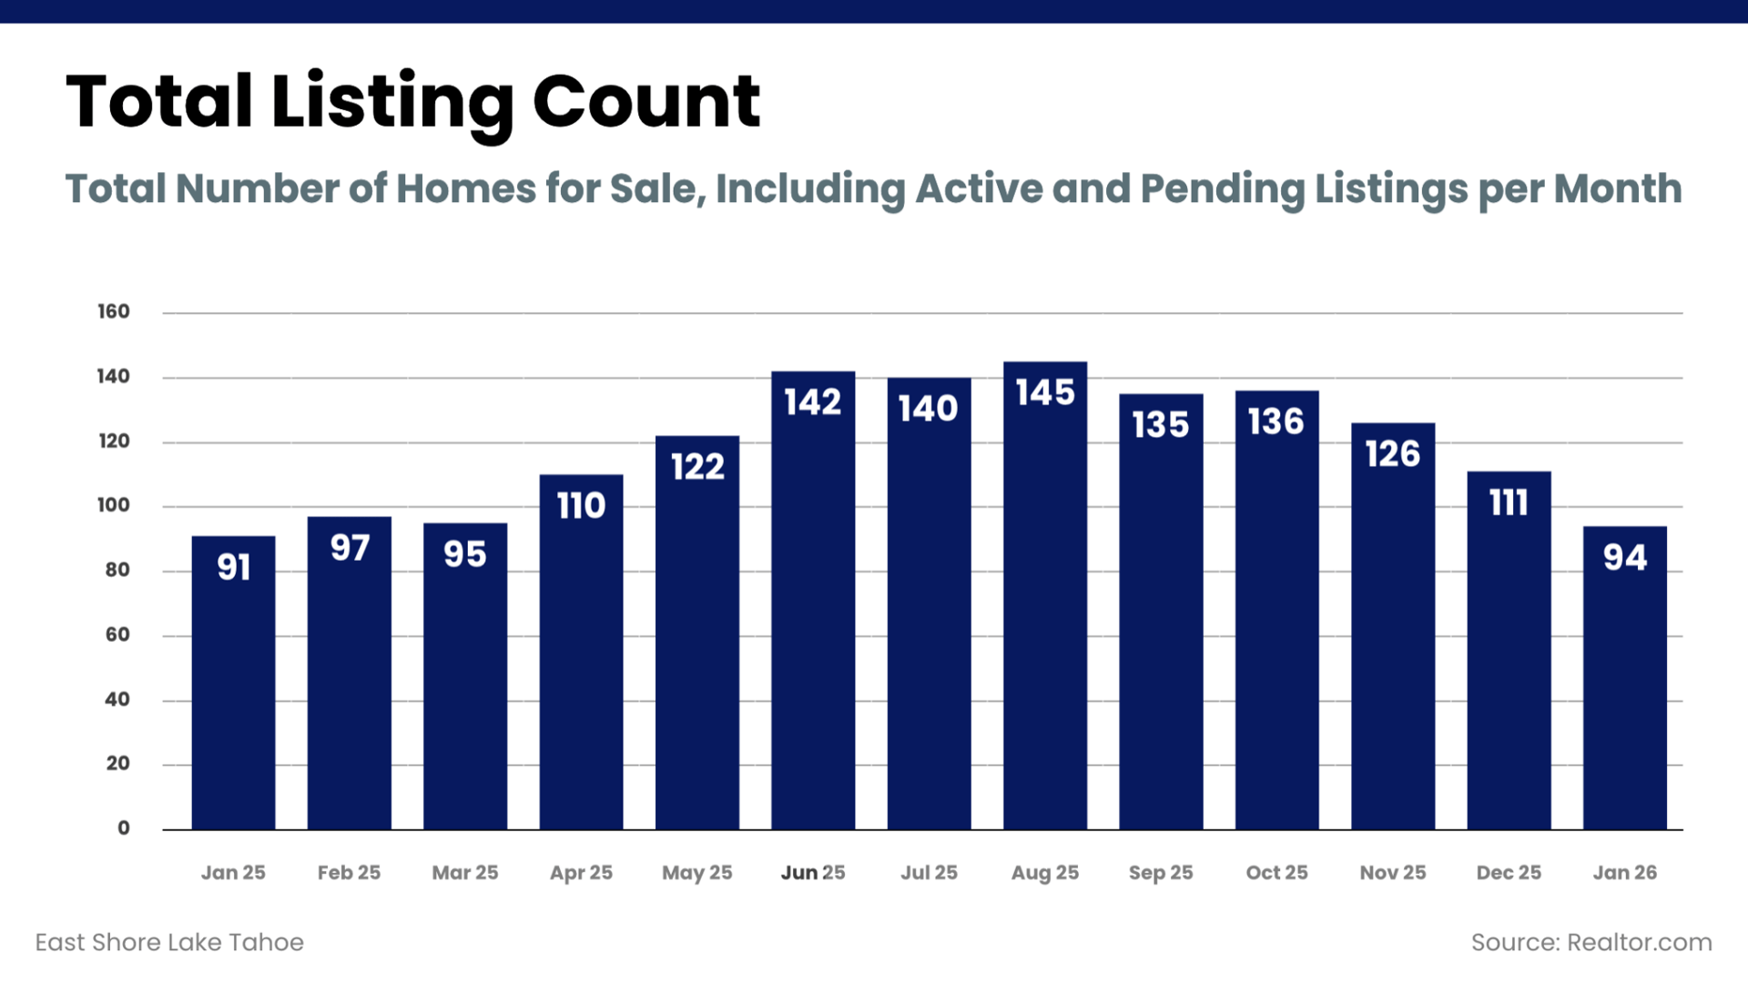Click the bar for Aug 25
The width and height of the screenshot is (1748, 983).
[x=1045, y=601]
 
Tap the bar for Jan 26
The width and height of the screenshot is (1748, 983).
[x=1625, y=683]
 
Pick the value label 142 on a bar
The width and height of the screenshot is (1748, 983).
[x=813, y=402]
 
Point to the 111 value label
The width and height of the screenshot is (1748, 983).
[x=1509, y=502]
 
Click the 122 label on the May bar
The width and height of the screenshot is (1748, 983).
[x=697, y=467]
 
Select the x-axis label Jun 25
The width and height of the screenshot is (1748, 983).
[x=813, y=872]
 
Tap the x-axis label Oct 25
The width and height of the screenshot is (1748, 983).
[x=1276, y=872]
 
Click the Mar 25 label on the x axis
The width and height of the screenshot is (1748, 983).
[x=465, y=872]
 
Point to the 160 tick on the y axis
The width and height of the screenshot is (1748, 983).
[x=114, y=311]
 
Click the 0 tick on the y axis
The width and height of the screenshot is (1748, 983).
[x=124, y=828]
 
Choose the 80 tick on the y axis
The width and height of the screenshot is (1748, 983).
[x=117, y=570]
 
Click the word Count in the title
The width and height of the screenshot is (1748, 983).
[x=645, y=102]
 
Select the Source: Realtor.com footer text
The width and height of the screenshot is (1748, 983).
[x=1591, y=942]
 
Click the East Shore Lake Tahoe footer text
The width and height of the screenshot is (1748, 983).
[x=169, y=942]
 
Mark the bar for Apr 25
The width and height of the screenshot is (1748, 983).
[x=581, y=655]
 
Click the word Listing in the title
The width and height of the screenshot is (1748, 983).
[x=392, y=102]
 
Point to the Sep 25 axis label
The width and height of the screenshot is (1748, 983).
[x=1161, y=872]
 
